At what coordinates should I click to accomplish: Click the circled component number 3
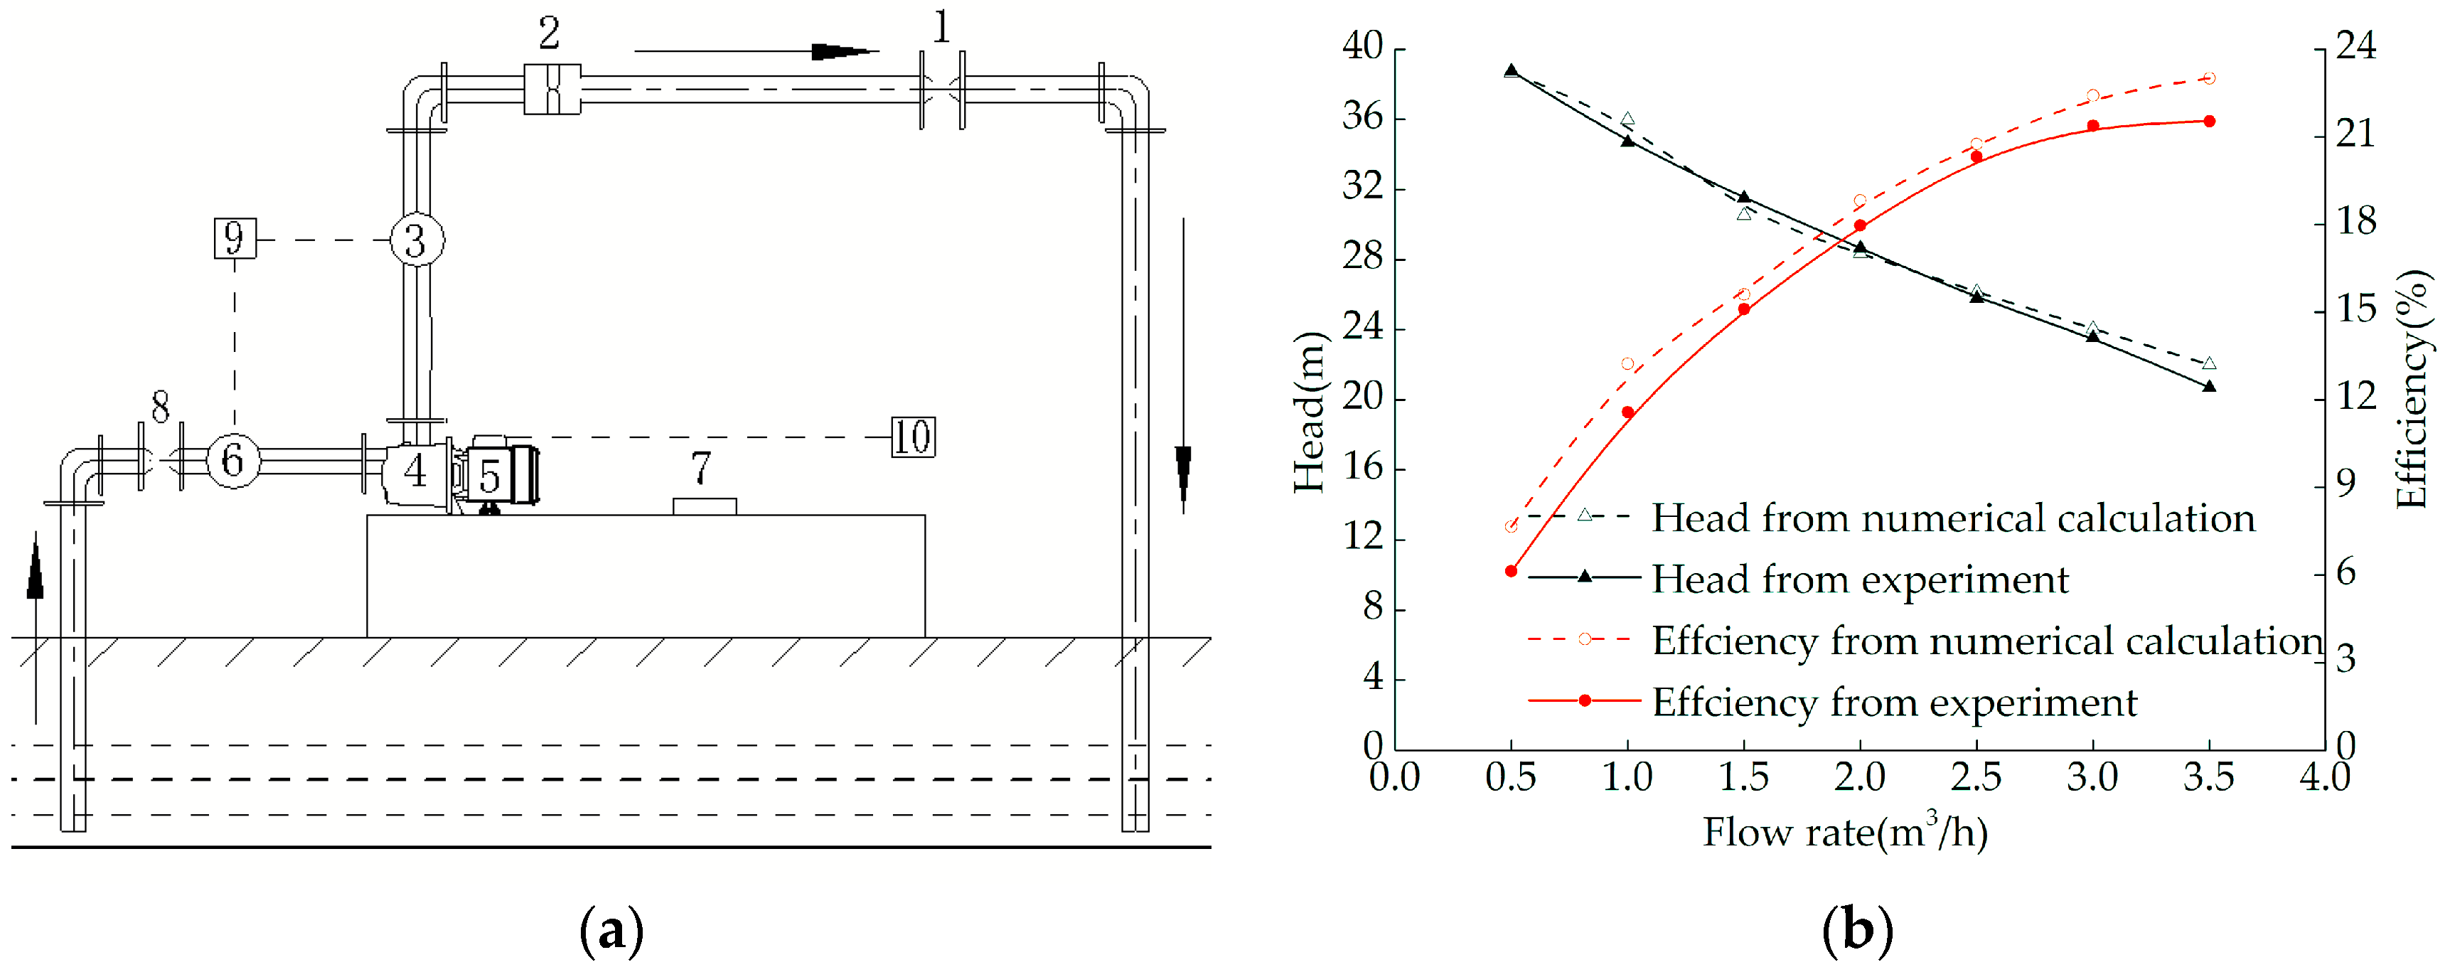click(417, 240)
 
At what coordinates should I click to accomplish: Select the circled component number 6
click(233, 460)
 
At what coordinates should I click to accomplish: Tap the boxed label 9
click(235, 237)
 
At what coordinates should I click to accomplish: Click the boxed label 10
click(912, 437)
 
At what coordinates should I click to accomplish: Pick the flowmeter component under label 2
click(552, 90)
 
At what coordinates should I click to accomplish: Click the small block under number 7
click(704, 506)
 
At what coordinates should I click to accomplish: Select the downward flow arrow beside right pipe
click(1183, 471)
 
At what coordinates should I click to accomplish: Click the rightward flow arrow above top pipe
click(842, 51)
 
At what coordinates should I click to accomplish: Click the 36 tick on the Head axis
click(1362, 118)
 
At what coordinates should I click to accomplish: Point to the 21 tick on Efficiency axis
click(2356, 135)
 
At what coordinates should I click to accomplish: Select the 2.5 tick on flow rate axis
click(1975, 778)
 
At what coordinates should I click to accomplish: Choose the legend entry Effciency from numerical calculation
click(1986, 640)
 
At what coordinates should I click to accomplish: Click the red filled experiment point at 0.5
click(1512, 572)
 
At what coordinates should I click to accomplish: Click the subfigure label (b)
click(1856, 930)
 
